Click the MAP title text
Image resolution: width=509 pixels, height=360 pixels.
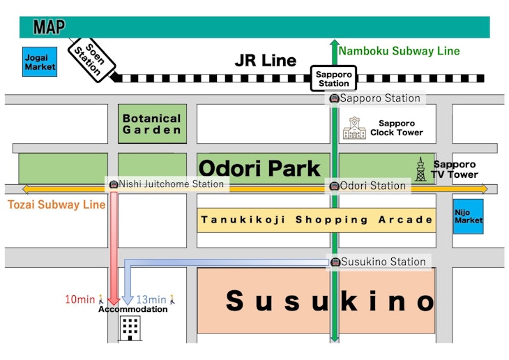point(49,28)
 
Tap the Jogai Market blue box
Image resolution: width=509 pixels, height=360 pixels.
point(40,61)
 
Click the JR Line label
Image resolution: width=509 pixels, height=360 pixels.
point(265,61)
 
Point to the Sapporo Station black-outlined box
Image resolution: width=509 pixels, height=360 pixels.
point(333,79)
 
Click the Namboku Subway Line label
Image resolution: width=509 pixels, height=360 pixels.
point(399,51)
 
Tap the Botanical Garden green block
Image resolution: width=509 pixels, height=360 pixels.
point(152,124)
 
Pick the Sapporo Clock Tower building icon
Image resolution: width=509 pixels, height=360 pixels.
point(354,128)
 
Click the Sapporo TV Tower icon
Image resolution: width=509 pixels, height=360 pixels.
point(420,169)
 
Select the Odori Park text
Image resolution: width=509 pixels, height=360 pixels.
point(259,168)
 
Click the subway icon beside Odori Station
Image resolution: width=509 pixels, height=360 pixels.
point(335,186)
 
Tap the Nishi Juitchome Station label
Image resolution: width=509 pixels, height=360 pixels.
point(172,184)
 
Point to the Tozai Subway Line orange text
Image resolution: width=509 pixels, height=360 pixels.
point(56,204)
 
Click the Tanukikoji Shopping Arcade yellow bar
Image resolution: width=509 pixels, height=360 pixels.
point(317,220)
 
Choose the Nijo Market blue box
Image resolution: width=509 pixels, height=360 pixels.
point(468,216)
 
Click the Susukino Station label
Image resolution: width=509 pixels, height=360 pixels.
point(383,262)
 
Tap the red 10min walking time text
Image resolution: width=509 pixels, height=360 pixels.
point(79,299)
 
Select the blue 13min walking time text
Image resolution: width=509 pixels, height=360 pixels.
point(151,299)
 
